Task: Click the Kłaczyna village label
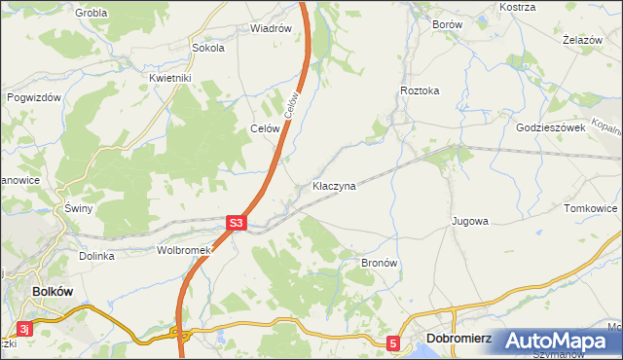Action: click(334, 185)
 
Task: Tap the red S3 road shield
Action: click(236, 223)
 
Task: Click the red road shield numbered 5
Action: click(393, 342)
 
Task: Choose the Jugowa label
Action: click(469, 221)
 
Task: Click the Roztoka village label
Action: click(420, 90)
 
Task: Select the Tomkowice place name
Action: click(591, 208)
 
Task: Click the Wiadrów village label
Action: click(271, 28)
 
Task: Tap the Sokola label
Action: click(208, 47)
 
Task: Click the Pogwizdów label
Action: click(34, 97)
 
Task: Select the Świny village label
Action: click(77, 209)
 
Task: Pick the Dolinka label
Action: click(97, 256)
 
